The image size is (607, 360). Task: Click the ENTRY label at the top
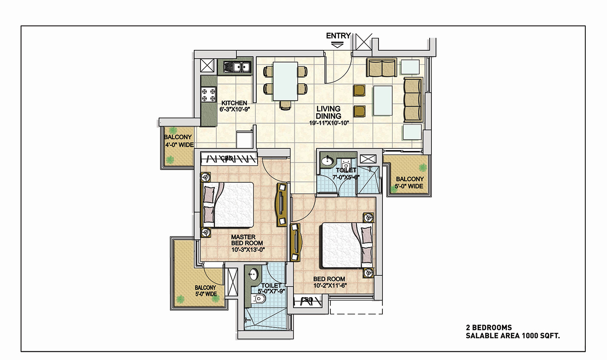point(338,36)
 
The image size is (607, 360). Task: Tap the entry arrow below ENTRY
point(337,45)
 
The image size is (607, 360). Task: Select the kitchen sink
point(238,67)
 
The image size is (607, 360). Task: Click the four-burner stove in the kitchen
point(209,95)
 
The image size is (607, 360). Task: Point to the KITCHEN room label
point(234,103)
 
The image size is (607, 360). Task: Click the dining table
point(285,81)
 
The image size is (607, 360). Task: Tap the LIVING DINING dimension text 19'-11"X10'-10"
point(329,123)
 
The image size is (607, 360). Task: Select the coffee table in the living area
point(383,101)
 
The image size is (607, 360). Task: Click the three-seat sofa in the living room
point(413,100)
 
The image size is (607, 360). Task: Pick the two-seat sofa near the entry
point(382,67)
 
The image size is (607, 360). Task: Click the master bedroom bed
point(227,205)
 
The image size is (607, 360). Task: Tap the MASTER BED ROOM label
point(247,240)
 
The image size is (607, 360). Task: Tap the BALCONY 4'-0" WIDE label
point(179,141)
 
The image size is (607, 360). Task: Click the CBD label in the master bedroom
point(227,158)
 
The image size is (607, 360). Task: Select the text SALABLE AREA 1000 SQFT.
point(512,336)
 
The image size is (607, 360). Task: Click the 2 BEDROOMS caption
point(489,327)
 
